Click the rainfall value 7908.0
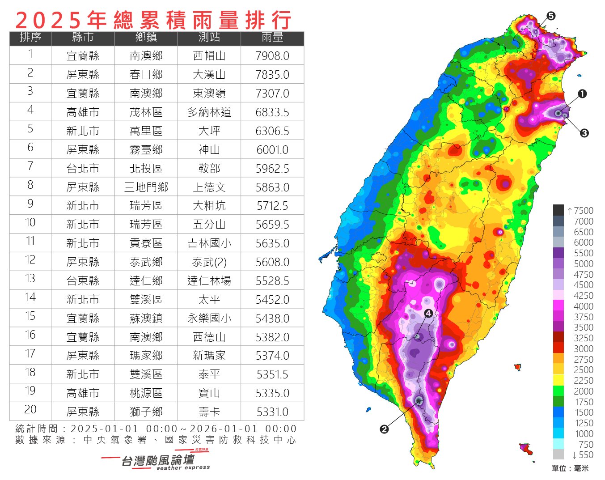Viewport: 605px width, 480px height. pos(272,56)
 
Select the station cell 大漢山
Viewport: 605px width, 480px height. pos(209,75)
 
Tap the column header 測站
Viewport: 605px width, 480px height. pos(209,38)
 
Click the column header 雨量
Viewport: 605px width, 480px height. pos(272,38)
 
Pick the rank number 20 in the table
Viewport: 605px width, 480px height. pos(30,410)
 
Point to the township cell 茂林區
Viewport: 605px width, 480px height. pos(146,112)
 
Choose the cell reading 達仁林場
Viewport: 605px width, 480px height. pos(209,281)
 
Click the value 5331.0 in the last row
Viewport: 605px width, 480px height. pos(272,412)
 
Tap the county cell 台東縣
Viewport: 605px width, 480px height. pos(83,281)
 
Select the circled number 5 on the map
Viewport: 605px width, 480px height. pos(551,16)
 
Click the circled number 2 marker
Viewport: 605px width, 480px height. pos(384,429)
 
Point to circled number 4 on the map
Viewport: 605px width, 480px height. pos(428,313)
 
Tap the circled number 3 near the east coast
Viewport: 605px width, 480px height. pos(584,133)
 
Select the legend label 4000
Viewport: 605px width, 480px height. pos(583,306)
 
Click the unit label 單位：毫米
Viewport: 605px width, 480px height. pos(570,468)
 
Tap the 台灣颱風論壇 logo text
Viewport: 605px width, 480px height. pos(157,460)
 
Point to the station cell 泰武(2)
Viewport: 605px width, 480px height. pos(209,262)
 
